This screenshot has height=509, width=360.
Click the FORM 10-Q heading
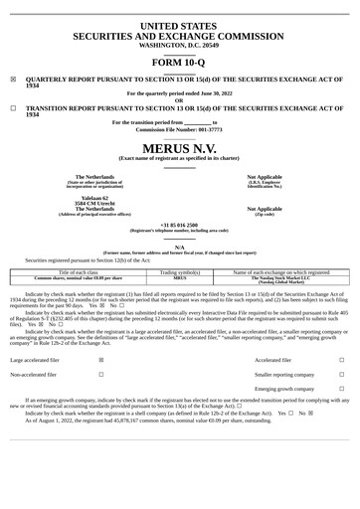tap(179, 61)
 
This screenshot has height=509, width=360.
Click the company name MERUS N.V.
tap(179, 147)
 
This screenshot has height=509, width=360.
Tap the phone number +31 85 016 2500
tap(179, 225)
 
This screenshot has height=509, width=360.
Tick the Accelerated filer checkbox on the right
tap(341, 360)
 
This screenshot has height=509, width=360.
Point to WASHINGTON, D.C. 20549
tap(179, 45)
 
